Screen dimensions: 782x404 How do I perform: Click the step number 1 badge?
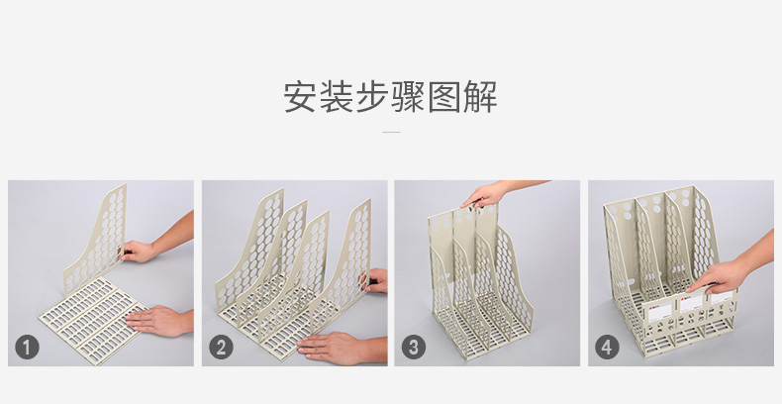[27, 348]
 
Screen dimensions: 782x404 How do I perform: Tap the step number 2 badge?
[221, 348]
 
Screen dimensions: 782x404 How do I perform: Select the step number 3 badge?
[414, 348]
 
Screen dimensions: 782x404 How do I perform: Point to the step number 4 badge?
[607, 348]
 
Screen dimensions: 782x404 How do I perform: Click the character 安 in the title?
[301, 97]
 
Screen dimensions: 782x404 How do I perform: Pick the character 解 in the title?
[480, 97]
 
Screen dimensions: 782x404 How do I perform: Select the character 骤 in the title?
[408, 97]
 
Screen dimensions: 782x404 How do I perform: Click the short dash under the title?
[391, 132]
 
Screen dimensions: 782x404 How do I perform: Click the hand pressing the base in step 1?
[159, 320]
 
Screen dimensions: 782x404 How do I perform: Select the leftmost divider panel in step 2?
[249, 250]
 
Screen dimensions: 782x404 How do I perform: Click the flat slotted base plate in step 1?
[93, 319]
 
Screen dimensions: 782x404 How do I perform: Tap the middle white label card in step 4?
[692, 303]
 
